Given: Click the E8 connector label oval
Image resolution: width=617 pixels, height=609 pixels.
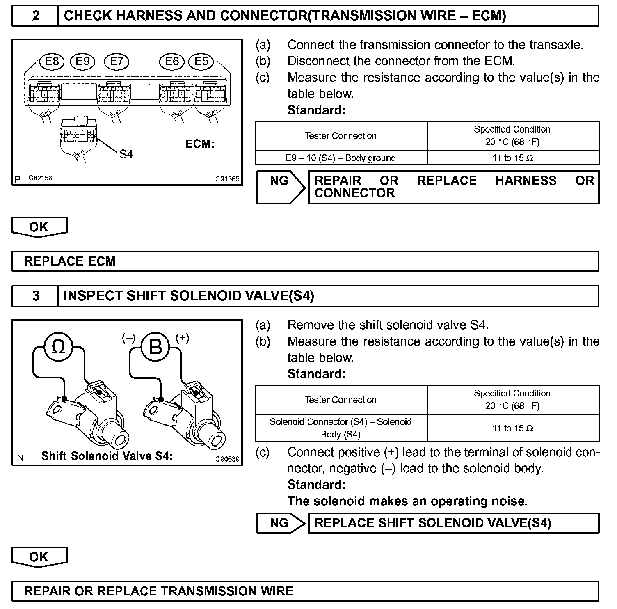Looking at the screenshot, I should pos(52,62).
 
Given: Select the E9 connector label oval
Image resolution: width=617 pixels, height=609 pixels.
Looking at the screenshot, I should pos(82,62).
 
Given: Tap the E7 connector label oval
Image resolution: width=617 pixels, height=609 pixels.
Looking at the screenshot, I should pos(117,62).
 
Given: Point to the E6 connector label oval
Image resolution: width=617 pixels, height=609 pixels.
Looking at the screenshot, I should pos(172,62).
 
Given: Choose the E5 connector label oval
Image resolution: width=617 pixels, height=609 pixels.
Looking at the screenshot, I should pos(201,62).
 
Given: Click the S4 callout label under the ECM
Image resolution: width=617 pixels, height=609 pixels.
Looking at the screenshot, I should pos(126,154).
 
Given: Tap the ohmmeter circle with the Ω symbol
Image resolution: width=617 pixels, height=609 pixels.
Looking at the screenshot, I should pos(59,347).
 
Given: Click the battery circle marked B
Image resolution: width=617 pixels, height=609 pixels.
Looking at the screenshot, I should pos(155,347).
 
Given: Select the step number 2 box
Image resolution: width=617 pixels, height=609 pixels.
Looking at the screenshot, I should pos(36,16).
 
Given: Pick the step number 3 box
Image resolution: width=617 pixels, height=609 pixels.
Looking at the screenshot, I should pos(36,296).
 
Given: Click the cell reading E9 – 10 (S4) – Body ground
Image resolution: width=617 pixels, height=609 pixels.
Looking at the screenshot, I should pos(341,158).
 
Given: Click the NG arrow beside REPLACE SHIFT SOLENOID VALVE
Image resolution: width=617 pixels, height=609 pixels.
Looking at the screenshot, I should pos(281,523).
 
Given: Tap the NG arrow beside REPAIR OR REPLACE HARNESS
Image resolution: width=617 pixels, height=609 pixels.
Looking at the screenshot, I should pos(281,187).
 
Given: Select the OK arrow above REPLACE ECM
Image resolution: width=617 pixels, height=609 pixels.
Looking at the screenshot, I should pos(39,227).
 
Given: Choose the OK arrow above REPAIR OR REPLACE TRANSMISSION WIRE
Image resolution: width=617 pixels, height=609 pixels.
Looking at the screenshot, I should pos(39,557).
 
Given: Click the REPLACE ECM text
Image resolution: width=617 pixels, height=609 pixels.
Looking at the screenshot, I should pos(70,261).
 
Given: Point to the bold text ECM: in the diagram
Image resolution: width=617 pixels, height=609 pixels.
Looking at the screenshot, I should pos(200,144).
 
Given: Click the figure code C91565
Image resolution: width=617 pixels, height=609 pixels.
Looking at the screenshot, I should pos(228,179).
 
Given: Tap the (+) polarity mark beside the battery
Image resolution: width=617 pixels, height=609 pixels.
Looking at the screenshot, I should pos(182,338).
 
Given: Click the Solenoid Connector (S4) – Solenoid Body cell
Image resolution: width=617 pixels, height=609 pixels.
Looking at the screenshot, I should pos(341,428).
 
